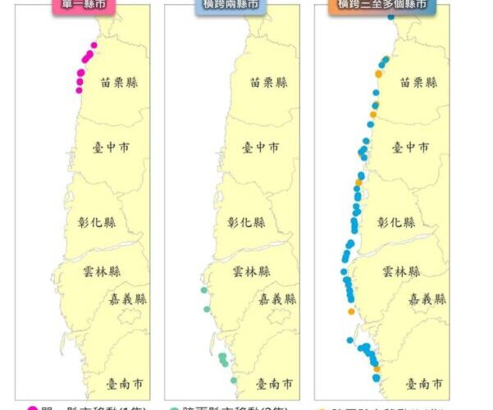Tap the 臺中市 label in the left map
112,148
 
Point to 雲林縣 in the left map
102,271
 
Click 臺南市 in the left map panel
126,383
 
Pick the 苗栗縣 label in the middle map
269,82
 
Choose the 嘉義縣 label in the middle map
277,298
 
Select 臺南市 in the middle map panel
276,383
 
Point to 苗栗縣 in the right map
418,82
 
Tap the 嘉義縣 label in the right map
427,298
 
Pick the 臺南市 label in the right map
427,383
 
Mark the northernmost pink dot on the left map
94,45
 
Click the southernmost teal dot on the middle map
234,380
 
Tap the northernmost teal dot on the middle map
203,290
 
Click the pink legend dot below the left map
32,408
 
